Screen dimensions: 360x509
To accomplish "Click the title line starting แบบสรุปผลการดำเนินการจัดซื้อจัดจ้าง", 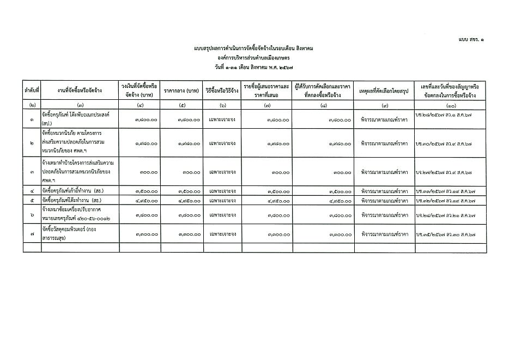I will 254,49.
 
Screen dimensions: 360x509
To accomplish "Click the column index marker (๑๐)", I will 450,104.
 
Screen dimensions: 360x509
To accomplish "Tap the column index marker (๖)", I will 222,104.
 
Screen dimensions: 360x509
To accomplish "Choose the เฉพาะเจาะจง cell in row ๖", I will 222,215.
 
